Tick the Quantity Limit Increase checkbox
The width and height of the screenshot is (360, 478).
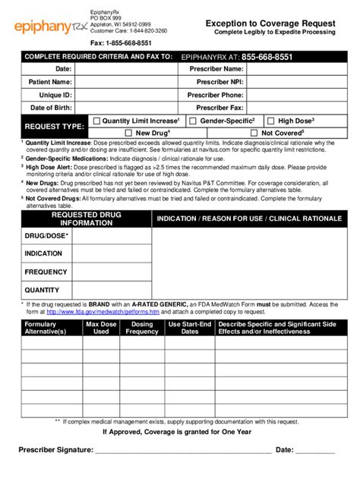[96, 121]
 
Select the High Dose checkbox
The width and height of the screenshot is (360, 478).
[271, 121]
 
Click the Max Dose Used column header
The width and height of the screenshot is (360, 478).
[102, 328]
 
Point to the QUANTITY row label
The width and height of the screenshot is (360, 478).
[42, 290]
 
